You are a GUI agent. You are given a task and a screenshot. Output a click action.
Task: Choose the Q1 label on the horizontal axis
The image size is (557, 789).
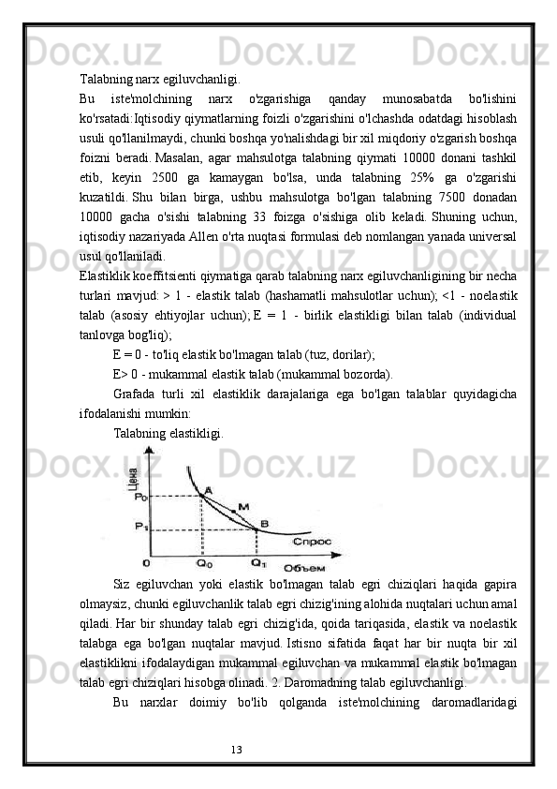[x=258, y=563]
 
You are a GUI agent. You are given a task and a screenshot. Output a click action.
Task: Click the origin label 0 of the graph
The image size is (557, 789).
[x=145, y=563]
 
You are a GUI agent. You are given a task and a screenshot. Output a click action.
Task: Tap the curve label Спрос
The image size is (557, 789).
[x=310, y=541]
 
